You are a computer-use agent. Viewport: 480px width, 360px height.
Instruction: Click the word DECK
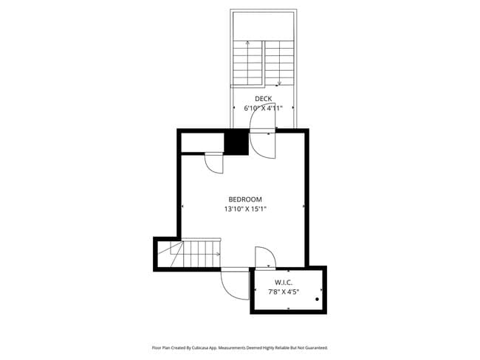coord(264,99)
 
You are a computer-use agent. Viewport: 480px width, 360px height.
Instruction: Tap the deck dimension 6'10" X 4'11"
coord(264,108)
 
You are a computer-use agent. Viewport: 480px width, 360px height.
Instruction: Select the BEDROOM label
coord(244,199)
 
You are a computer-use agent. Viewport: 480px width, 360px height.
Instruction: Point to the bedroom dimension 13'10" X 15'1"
coord(244,209)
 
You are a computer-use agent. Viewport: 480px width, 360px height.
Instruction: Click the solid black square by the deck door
coord(236,142)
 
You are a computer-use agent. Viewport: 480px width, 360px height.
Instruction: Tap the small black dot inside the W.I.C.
coord(317,300)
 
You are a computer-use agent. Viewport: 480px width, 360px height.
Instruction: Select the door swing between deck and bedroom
coord(262,142)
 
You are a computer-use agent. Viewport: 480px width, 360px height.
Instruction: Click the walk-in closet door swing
coord(264,257)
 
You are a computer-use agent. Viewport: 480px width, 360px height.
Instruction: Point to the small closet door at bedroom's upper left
coord(213,162)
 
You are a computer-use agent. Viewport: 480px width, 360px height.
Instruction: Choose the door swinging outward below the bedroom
coord(236,285)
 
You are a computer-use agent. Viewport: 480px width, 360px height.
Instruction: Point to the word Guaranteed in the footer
coord(313,347)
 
